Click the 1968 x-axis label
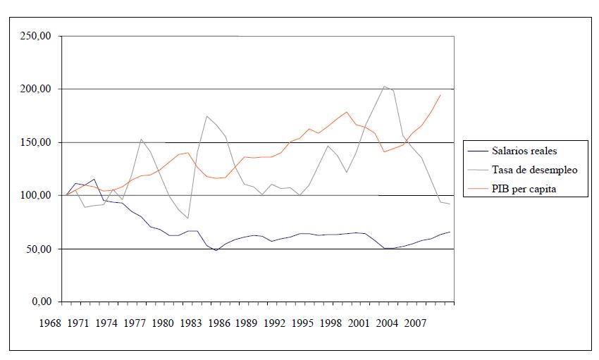coord(49,323)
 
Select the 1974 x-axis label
coord(106,323)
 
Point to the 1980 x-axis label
coord(162,323)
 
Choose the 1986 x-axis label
coord(218,323)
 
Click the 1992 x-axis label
coord(274,323)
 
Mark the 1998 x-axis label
coord(331,323)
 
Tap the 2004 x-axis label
coord(387,323)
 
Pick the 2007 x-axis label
coord(415,323)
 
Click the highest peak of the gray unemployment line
coord(385,87)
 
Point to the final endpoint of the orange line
coord(440,94)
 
